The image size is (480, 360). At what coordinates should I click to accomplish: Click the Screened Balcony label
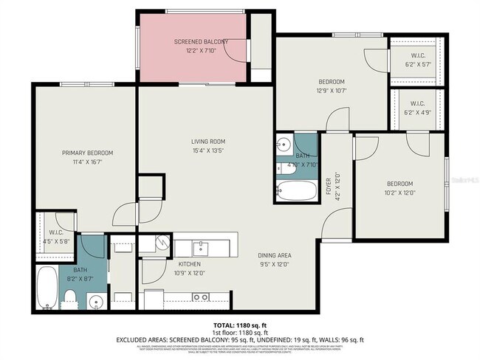click(x=201, y=42)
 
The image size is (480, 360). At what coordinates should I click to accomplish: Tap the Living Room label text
click(x=208, y=142)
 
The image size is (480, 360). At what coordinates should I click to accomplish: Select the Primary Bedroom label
click(x=87, y=153)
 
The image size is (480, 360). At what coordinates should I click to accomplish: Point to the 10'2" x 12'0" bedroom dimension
click(x=400, y=193)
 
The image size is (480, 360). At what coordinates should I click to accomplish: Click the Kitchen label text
click(x=190, y=264)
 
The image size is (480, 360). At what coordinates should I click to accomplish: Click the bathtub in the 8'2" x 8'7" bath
click(x=46, y=288)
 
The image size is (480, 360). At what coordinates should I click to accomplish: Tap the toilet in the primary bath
click(x=68, y=297)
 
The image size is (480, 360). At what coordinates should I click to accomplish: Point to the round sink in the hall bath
click(x=284, y=143)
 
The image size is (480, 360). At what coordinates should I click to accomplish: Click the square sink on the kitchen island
click(x=201, y=246)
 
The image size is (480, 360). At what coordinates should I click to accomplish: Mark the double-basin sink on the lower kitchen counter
click(x=200, y=297)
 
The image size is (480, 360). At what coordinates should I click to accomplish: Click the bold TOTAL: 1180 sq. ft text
click(x=239, y=325)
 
